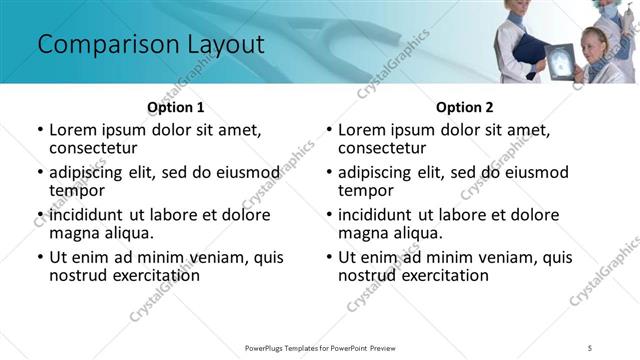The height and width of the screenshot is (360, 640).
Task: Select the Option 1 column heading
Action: (176, 107)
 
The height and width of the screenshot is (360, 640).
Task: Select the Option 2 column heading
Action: (465, 107)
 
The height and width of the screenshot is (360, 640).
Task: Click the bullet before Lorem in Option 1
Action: (39, 130)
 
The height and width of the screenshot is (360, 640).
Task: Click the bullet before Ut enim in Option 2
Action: (328, 257)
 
